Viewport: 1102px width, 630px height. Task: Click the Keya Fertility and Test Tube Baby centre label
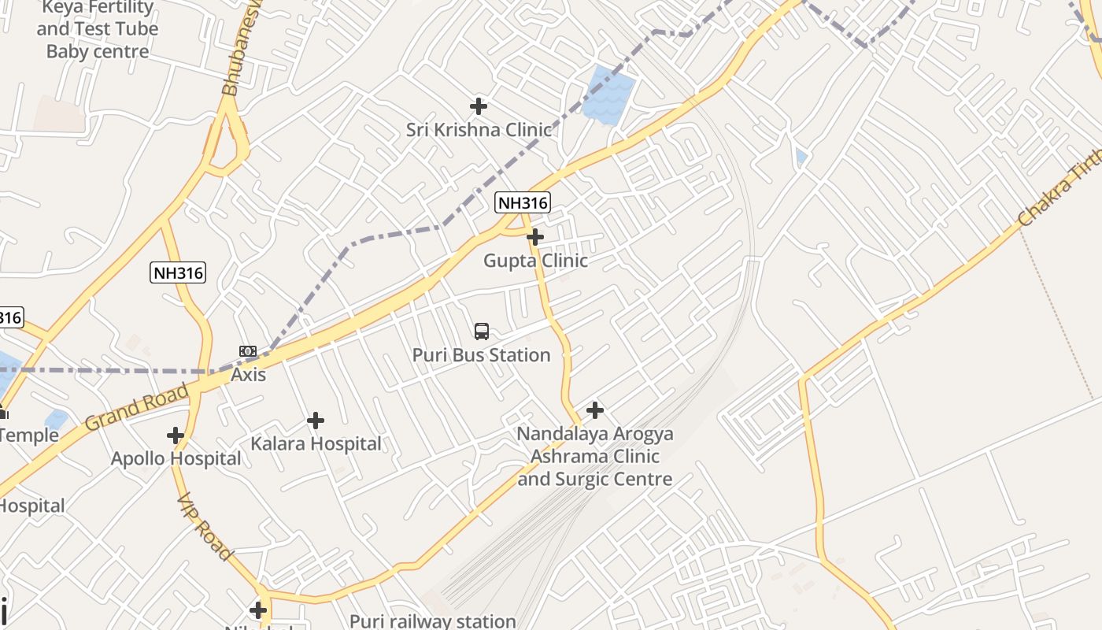pos(98,29)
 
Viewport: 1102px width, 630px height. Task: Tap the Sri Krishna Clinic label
pos(479,130)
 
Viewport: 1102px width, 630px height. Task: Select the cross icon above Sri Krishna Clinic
pos(479,106)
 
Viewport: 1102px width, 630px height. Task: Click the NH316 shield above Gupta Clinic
pos(523,202)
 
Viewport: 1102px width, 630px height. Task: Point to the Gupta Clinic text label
pos(535,261)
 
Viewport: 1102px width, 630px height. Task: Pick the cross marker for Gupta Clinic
pos(535,236)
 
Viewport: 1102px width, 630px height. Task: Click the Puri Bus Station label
pos(481,355)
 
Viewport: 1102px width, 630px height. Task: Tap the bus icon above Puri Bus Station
pos(482,332)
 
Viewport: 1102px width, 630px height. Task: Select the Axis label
pos(248,375)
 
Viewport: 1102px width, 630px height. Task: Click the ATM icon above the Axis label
pos(248,351)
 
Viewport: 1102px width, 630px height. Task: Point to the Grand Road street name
pos(137,406)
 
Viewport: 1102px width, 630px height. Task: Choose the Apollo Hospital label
pos(176,458)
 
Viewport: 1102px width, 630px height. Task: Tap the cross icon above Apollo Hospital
pos(176,435)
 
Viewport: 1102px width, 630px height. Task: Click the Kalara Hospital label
pos(316,444)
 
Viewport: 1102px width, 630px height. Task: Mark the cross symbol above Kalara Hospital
pos(316,421)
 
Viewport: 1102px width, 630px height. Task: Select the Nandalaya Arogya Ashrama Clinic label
pos(595,457)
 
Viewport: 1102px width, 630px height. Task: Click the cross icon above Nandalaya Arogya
pos(595,409)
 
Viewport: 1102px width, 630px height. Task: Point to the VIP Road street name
pos(204,528)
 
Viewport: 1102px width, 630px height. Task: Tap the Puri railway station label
pos(433,621)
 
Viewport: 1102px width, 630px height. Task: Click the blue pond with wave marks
pos(608,95)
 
